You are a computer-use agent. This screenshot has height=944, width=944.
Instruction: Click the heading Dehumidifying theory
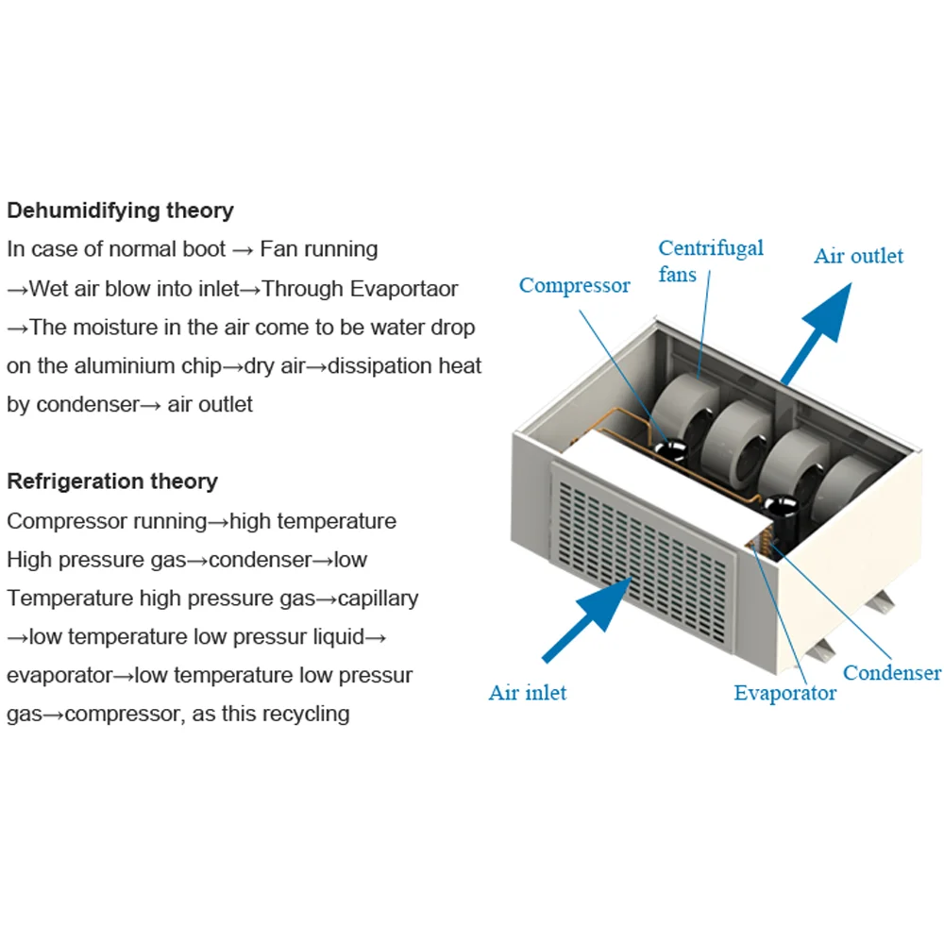(120, 210)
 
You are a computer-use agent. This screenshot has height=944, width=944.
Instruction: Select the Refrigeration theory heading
(112, 481)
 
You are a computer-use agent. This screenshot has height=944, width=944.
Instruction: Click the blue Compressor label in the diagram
(574, 285)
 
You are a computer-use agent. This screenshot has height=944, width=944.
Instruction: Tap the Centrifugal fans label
(710, 261)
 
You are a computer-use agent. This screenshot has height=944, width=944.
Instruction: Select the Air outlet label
(858, 256)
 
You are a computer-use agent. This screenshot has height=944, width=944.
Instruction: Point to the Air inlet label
(528, 693)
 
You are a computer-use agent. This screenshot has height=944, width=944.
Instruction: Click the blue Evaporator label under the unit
(784, 693)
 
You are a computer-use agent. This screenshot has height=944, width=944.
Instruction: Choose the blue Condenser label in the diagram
(891, 673)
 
